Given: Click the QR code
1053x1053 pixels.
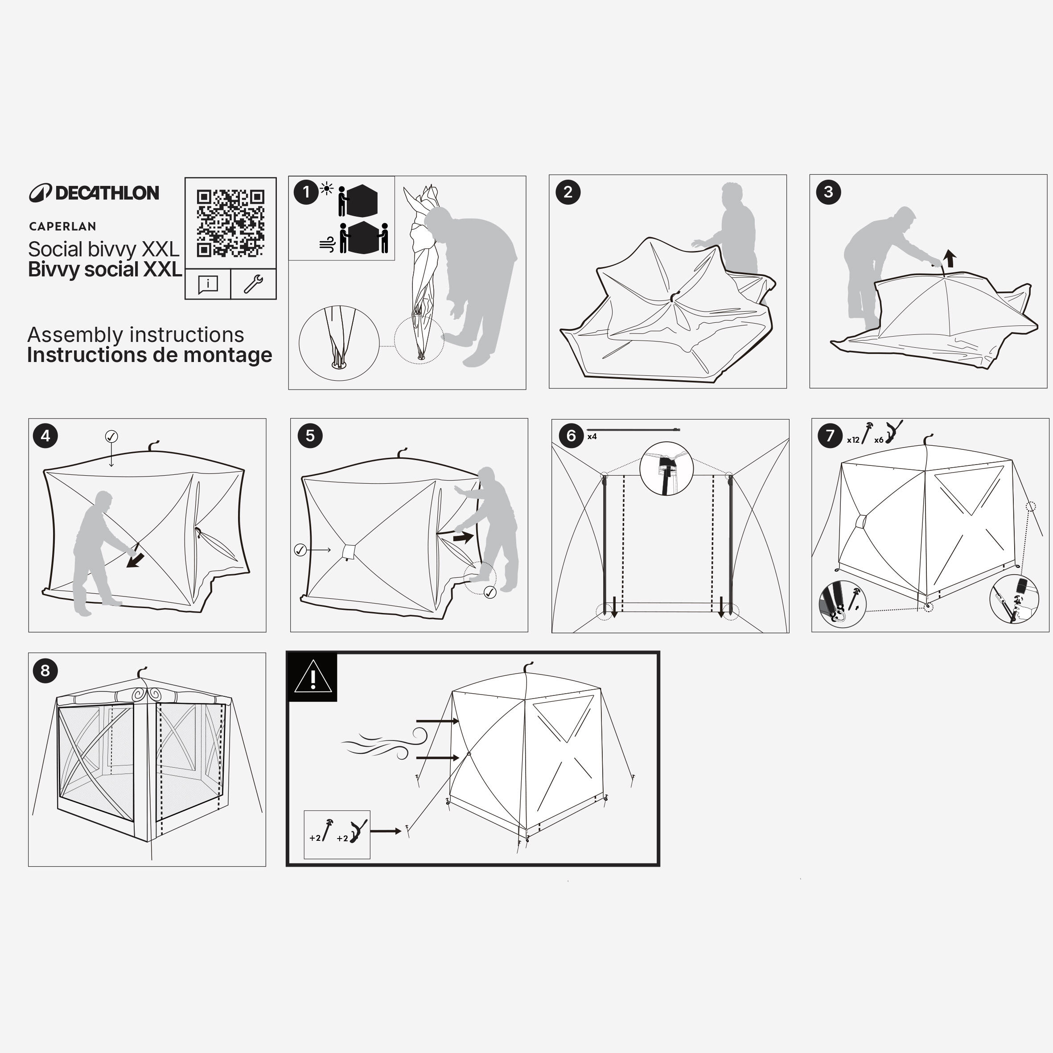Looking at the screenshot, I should point(230,223).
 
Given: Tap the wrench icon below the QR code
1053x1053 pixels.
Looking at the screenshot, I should point(253,284).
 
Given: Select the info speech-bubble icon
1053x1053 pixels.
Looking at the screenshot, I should point(208,284).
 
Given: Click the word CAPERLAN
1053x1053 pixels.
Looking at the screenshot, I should point(63,226).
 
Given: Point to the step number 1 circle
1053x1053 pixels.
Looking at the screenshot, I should point(306,192).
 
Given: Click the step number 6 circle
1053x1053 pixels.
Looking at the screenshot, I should point(571,436).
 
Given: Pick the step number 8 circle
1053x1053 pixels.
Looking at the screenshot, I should point(45,670).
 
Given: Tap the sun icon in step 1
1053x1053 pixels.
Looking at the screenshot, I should point(326,189).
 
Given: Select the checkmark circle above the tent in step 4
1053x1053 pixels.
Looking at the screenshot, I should point(111,436).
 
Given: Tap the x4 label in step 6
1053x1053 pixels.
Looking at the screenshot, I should point(592,436).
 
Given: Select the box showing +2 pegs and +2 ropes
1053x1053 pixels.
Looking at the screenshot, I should point(337,835).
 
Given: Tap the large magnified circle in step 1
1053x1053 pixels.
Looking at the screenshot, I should point(338,343).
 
